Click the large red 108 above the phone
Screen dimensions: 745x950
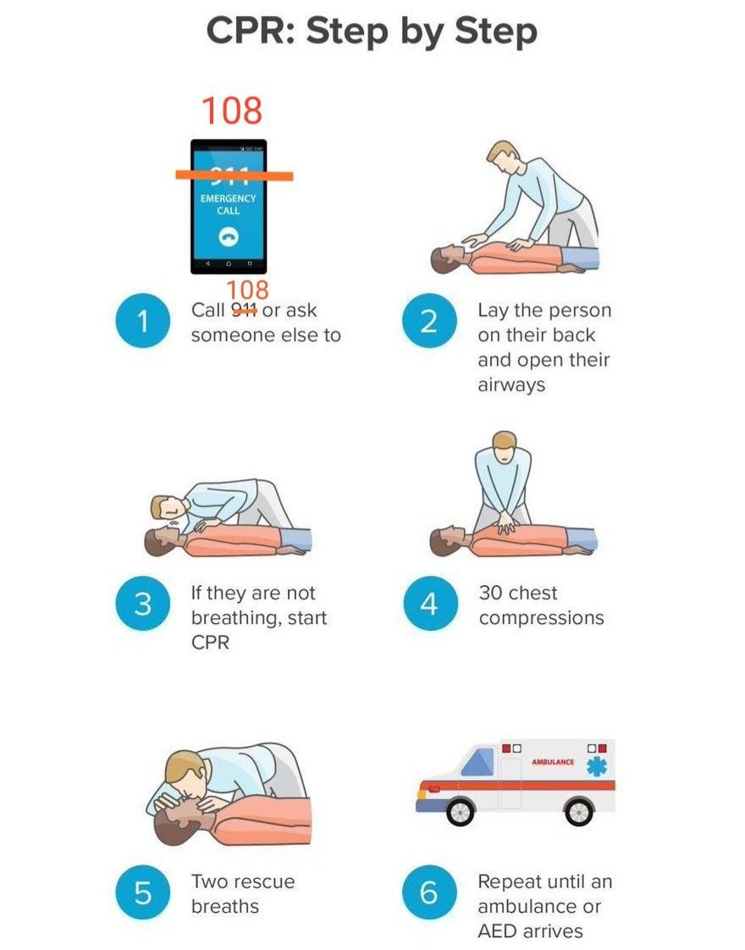tap(232, 110)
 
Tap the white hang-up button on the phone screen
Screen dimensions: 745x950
tap(229, 237)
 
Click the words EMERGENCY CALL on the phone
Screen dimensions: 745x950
tap(229, 204)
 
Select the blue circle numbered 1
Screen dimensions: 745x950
tap(143, 321)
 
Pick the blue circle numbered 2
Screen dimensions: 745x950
tap(429, 321)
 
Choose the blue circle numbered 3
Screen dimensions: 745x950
tap(143, 604)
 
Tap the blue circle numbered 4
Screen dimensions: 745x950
tap(429, 604)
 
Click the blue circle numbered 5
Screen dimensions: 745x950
tap(143, 892)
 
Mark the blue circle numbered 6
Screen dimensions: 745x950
tap(429, 892)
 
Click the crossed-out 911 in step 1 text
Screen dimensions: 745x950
tap(244, 310)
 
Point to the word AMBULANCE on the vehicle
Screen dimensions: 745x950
tap(553, 761)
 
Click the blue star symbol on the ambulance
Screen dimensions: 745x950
tap(597, 766)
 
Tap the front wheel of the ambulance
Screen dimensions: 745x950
tap(461, 811)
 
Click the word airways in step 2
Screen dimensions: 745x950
tap(512, 385)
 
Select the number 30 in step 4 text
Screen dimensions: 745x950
tap(492, 593)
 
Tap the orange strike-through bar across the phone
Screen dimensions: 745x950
tap(235, 176)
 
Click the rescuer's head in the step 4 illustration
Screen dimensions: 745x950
tap(505, 446)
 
